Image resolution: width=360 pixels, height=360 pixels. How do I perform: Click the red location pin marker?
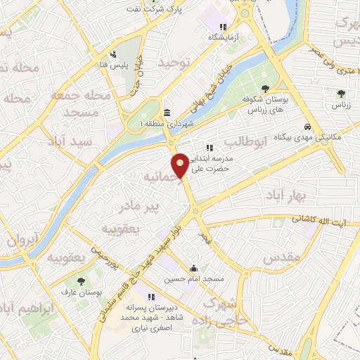tap(181, 165)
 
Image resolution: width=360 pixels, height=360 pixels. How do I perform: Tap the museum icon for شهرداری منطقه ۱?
tap(167, 113)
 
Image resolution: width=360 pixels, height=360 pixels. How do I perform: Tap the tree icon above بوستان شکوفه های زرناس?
tap(265, 89)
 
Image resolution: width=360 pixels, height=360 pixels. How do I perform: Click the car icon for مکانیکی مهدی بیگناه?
tap(307, 127)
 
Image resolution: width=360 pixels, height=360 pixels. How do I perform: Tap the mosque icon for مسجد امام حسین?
tap(193, 268)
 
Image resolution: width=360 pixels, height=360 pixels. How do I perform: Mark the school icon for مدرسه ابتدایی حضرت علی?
tap(209, 148)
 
